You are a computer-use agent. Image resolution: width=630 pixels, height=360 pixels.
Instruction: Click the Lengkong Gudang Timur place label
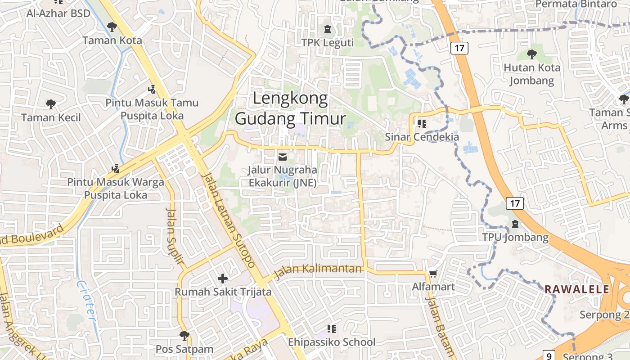point(290,108)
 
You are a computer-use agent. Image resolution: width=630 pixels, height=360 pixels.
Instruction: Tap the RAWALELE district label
point(577,289)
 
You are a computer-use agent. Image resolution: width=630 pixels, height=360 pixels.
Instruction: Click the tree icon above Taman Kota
point(112,27)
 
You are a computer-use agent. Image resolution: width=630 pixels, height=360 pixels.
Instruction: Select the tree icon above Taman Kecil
point(51,104)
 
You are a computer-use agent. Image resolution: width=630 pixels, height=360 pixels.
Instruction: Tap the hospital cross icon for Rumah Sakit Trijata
point(223,279)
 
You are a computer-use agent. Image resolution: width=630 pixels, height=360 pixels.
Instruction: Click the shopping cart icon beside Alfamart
point(433,274)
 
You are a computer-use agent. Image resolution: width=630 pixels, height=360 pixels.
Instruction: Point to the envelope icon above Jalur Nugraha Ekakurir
point(283,157)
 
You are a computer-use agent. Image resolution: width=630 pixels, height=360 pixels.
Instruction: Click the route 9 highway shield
point(549,355)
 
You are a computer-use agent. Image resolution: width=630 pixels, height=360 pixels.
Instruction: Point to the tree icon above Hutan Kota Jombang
point(532,54)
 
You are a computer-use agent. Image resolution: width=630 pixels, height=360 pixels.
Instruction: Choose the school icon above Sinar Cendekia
point(422,123)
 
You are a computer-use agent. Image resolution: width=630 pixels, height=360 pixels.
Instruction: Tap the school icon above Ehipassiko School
point(332,329)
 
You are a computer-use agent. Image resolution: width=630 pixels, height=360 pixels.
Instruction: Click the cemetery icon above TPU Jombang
point(515,224)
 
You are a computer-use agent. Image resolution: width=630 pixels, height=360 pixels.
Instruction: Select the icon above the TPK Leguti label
point(327,29)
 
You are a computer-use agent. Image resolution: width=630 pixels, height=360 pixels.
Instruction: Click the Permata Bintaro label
point(576,4)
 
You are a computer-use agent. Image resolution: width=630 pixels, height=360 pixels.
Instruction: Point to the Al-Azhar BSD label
point(58,13)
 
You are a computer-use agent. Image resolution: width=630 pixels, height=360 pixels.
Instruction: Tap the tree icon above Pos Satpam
point(184,335)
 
